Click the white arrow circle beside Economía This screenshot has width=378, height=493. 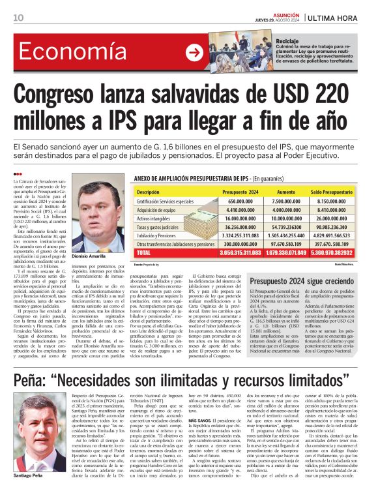[194, 53]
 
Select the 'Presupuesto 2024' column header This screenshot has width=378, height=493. [240, 192]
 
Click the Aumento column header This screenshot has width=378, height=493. [286, 192]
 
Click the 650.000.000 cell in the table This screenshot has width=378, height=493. [240, 202]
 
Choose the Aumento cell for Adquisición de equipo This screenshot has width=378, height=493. [287, 210]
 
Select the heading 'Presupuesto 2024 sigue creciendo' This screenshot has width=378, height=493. [310, 281]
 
